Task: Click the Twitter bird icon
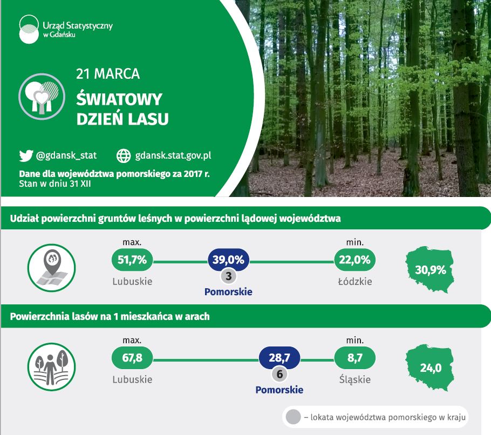(26, 155)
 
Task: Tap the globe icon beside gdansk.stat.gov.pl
(124, 155)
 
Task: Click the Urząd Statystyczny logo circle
(29, 29)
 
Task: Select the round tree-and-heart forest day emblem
(42, 97)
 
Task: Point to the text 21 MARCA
(108, 74)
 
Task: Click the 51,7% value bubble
(132, 260)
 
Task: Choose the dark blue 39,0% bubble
(228, 260)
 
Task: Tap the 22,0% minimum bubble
(355, 260)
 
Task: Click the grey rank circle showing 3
(229, 276)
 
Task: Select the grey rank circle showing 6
(279, 374)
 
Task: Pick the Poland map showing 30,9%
(430, 269)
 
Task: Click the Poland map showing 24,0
(430, 368)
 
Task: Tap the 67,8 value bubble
(132, 358)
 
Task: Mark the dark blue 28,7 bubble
(279, 358)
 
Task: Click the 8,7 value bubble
(355, 358)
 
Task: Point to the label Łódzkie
(355, 281)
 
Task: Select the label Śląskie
(355, 379)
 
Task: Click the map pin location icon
(52, 268)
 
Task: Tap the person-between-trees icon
(52, 367)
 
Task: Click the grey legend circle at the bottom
(293, 417)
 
